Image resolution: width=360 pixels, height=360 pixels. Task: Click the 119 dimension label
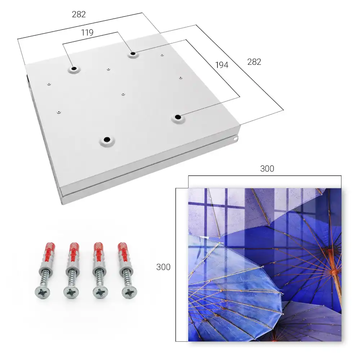pos(87,33)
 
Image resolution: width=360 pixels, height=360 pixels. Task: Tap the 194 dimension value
pos(222,65)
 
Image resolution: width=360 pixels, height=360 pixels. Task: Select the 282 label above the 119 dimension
pos(79,14)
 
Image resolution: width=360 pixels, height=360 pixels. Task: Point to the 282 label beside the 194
pos(254,62)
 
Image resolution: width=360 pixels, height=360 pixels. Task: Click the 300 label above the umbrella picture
pos(267,169)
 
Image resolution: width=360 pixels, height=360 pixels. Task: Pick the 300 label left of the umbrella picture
pos(163,267)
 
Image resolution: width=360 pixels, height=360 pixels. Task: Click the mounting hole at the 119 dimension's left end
pos(74,69)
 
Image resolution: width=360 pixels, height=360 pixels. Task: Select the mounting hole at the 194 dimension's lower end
pos(178,117)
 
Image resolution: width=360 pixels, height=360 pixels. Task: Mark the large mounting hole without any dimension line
pos(107,139)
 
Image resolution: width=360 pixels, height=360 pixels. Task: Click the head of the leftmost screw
pos(42,293)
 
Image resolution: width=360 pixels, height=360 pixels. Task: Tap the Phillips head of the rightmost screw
pos(130,293)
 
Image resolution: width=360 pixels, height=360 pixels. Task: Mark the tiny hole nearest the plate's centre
pos(123,94)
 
